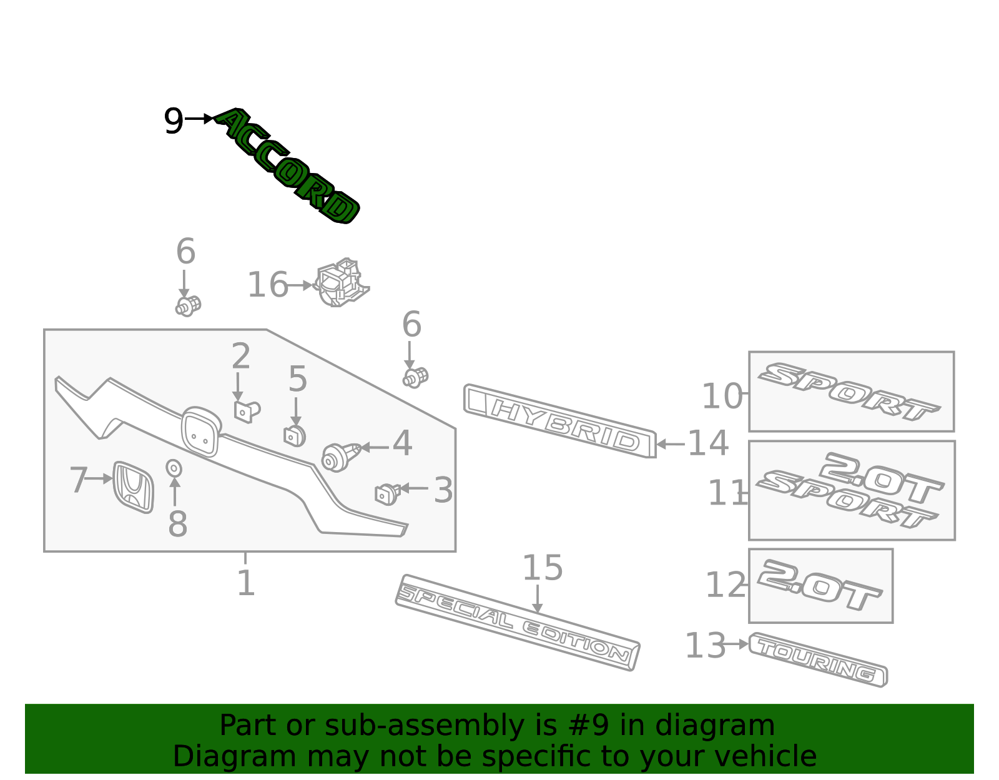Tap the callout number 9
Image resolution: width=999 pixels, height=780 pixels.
173,121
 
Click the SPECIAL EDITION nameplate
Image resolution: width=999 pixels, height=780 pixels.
517,623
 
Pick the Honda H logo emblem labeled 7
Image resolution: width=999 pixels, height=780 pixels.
133,487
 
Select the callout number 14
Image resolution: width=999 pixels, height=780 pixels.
707,443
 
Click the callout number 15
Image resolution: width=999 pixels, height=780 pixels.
542,568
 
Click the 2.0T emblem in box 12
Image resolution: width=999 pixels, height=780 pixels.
819,585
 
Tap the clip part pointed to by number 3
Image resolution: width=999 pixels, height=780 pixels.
387,493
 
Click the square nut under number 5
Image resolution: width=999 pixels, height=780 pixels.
295,435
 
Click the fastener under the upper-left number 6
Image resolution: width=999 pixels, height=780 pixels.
187,305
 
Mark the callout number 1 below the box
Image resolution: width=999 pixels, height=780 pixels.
246,583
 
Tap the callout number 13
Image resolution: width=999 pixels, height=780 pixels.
705,646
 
